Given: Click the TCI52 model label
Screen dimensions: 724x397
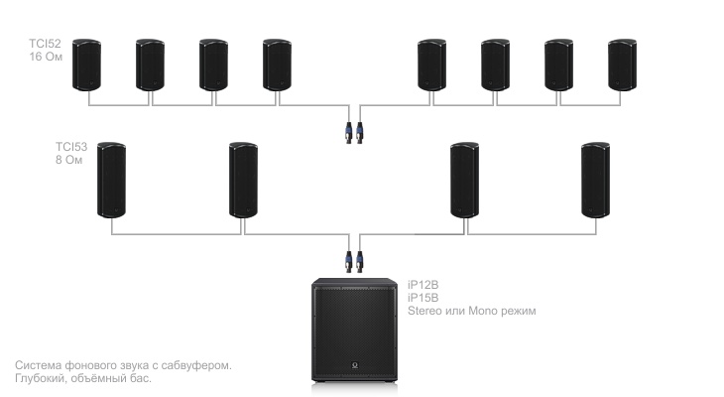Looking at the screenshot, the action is [45, 44].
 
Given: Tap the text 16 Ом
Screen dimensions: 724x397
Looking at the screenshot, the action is [46, 57].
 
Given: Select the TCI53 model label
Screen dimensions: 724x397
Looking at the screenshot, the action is [71, 147].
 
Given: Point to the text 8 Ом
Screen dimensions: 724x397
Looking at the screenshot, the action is [69, 160].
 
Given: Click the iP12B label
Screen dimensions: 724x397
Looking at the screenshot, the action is [422, 285].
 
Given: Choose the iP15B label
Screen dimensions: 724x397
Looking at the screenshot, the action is [422, 298].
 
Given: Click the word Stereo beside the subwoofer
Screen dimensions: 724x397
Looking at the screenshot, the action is [424, 311].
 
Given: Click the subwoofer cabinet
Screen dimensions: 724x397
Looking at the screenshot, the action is [354, 330].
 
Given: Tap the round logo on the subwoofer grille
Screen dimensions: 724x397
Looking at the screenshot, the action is [355, 365].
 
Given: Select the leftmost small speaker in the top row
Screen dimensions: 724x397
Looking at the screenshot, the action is [87, 65].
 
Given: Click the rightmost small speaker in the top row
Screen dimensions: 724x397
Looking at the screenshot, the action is [623, 65].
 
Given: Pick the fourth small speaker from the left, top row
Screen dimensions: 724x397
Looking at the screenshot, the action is [277, 65].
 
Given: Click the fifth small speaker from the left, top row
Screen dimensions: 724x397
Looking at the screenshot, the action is [431, 65].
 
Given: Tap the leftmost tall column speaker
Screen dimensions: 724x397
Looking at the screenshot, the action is [112, 180].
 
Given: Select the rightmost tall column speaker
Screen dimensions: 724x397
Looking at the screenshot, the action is [596, 180].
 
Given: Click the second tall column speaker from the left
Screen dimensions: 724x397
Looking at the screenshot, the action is [243, 180].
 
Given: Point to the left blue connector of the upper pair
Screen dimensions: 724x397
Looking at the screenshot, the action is [349, 133].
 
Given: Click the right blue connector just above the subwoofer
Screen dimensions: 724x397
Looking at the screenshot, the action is [360, 262].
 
